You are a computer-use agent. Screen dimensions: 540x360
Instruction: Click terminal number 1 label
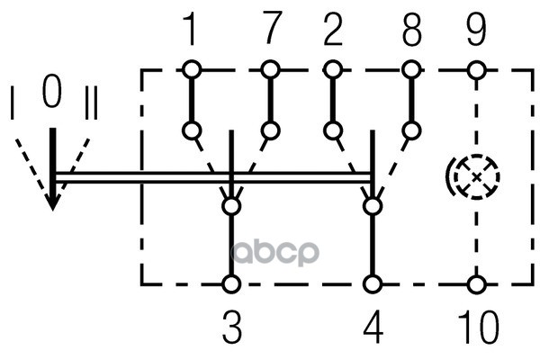190,31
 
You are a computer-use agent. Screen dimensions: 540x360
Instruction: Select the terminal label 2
332,31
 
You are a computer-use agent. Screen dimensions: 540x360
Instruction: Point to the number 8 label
411,31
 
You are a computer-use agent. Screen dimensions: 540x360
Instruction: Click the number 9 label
476,31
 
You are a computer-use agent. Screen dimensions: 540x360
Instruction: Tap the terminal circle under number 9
476,69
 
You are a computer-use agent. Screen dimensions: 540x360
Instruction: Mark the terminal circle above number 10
476,285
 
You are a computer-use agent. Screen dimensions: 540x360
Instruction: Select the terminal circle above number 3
232,285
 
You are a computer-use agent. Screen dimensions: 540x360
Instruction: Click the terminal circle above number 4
372,285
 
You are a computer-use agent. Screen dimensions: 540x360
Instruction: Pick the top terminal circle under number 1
190,69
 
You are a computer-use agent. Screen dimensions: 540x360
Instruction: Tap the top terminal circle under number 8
411,69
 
